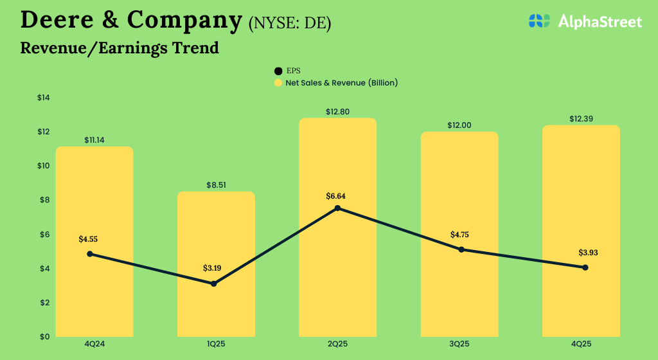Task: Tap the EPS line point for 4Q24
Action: point(90,254)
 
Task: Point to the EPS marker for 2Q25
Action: point(337,208)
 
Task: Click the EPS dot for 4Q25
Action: point(585,267)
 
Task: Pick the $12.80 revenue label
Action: point(337,112)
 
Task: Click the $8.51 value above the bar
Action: point(217,185)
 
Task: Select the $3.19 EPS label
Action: point(216,268)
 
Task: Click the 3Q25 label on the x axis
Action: point(459,345)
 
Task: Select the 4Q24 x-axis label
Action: point(94,345)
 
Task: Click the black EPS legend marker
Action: point(278,71)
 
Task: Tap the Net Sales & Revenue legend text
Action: point(341,83)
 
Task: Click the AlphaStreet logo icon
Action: point(540,21)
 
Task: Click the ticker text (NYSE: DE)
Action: point(289,23)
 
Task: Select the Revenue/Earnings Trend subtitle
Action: point(120,48)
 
